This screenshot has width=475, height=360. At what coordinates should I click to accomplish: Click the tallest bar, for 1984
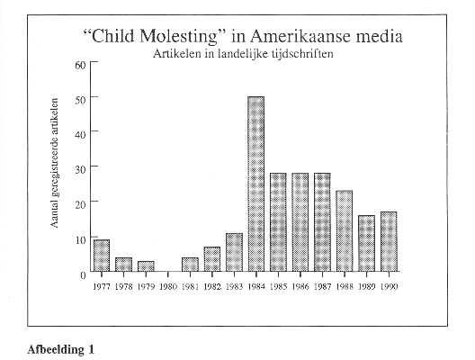(x=256, y=184)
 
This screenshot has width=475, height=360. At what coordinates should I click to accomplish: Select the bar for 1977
(x=102, y=256)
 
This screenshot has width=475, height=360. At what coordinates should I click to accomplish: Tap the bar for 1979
(x=146, y=266)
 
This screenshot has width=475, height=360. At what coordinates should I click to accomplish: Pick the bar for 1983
(x=234, y=252)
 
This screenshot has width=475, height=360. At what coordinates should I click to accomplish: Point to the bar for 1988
(x=345, y=231)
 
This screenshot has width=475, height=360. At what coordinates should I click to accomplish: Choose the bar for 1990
(x=389, y=241)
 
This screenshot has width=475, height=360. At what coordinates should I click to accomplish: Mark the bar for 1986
(x=300, y=222)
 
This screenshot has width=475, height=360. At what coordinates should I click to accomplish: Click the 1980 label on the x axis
(x=168, y=286)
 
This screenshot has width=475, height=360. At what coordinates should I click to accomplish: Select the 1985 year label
(x=278, y=286)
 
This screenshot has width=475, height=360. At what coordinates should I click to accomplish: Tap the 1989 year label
(x=367, y=286)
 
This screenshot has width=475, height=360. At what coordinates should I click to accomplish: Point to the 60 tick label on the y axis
(x=81, y=65)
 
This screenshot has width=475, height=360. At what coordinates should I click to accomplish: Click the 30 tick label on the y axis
(x=81, y=169)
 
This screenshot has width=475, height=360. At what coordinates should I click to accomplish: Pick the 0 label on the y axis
(x=84, y=275)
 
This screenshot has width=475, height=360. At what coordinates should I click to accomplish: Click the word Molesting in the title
(x=178, y=36)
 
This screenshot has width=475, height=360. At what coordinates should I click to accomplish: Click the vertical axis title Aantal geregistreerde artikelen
(x=54, y=163)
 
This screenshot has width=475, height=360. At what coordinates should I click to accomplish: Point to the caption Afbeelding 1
(x=61, y=349)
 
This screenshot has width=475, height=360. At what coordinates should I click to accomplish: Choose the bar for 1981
(x=190, y=265)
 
